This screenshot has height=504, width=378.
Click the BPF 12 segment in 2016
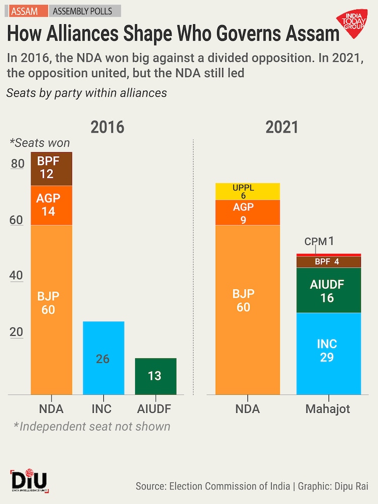[51, 169]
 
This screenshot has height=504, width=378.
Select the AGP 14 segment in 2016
[51, 205]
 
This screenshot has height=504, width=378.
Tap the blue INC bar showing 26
[103, 358]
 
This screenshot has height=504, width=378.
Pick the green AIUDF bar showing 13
[156, 376]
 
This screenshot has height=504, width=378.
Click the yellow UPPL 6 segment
[247, 192]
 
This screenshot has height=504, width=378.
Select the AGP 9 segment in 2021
[247, 213]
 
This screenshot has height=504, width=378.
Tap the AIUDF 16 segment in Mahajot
[329, 290]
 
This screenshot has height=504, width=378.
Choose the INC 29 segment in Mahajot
[329, 353]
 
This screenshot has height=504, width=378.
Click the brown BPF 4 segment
[329, 262]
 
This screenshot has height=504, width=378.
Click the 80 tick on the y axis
[18, 164]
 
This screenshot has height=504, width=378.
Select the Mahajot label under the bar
[328, 409]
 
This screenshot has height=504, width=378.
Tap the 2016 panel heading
[107, 127]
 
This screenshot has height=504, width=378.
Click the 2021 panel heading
[282, 127]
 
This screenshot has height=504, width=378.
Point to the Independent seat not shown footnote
[92, 426]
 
